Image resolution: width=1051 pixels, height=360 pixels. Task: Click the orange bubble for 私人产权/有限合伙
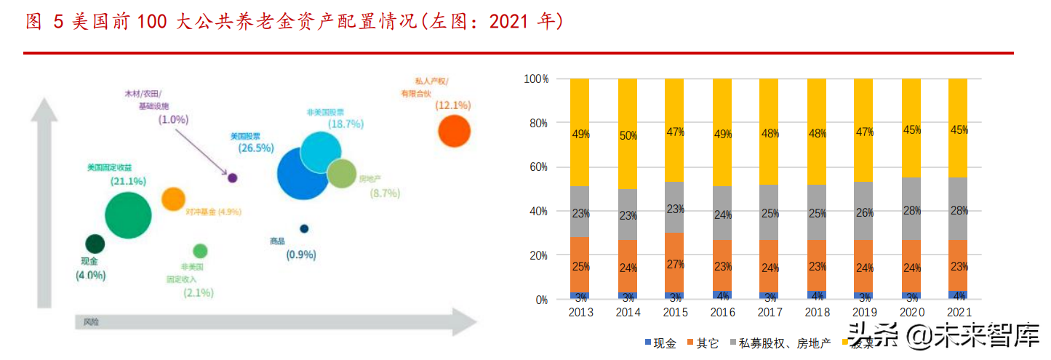click(454, 132)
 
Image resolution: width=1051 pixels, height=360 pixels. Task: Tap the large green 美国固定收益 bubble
click(128, 215)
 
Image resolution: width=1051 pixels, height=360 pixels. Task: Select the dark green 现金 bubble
click(95, 244)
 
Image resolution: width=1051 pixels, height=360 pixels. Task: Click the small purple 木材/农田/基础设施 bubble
click(233, 177)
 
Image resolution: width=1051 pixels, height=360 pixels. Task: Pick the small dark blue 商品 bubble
click(304, 228)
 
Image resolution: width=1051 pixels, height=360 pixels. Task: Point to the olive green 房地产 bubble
click(340, 174)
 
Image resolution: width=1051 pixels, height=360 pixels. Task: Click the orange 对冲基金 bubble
click(173, 199)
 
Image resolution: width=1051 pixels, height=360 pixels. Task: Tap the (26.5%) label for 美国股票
click(255, 148)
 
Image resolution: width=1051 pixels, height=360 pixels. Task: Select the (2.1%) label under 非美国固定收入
click(199, 292)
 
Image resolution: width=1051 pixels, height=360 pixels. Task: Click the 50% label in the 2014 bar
click(627, 135)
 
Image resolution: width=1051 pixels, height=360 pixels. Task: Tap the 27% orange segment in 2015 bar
click(674, 265)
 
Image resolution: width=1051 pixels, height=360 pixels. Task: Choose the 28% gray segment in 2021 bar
click(958, 210)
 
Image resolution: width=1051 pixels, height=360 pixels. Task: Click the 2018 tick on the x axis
click(816, 313)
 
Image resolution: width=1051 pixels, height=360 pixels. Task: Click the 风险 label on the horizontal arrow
click(90, 321)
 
